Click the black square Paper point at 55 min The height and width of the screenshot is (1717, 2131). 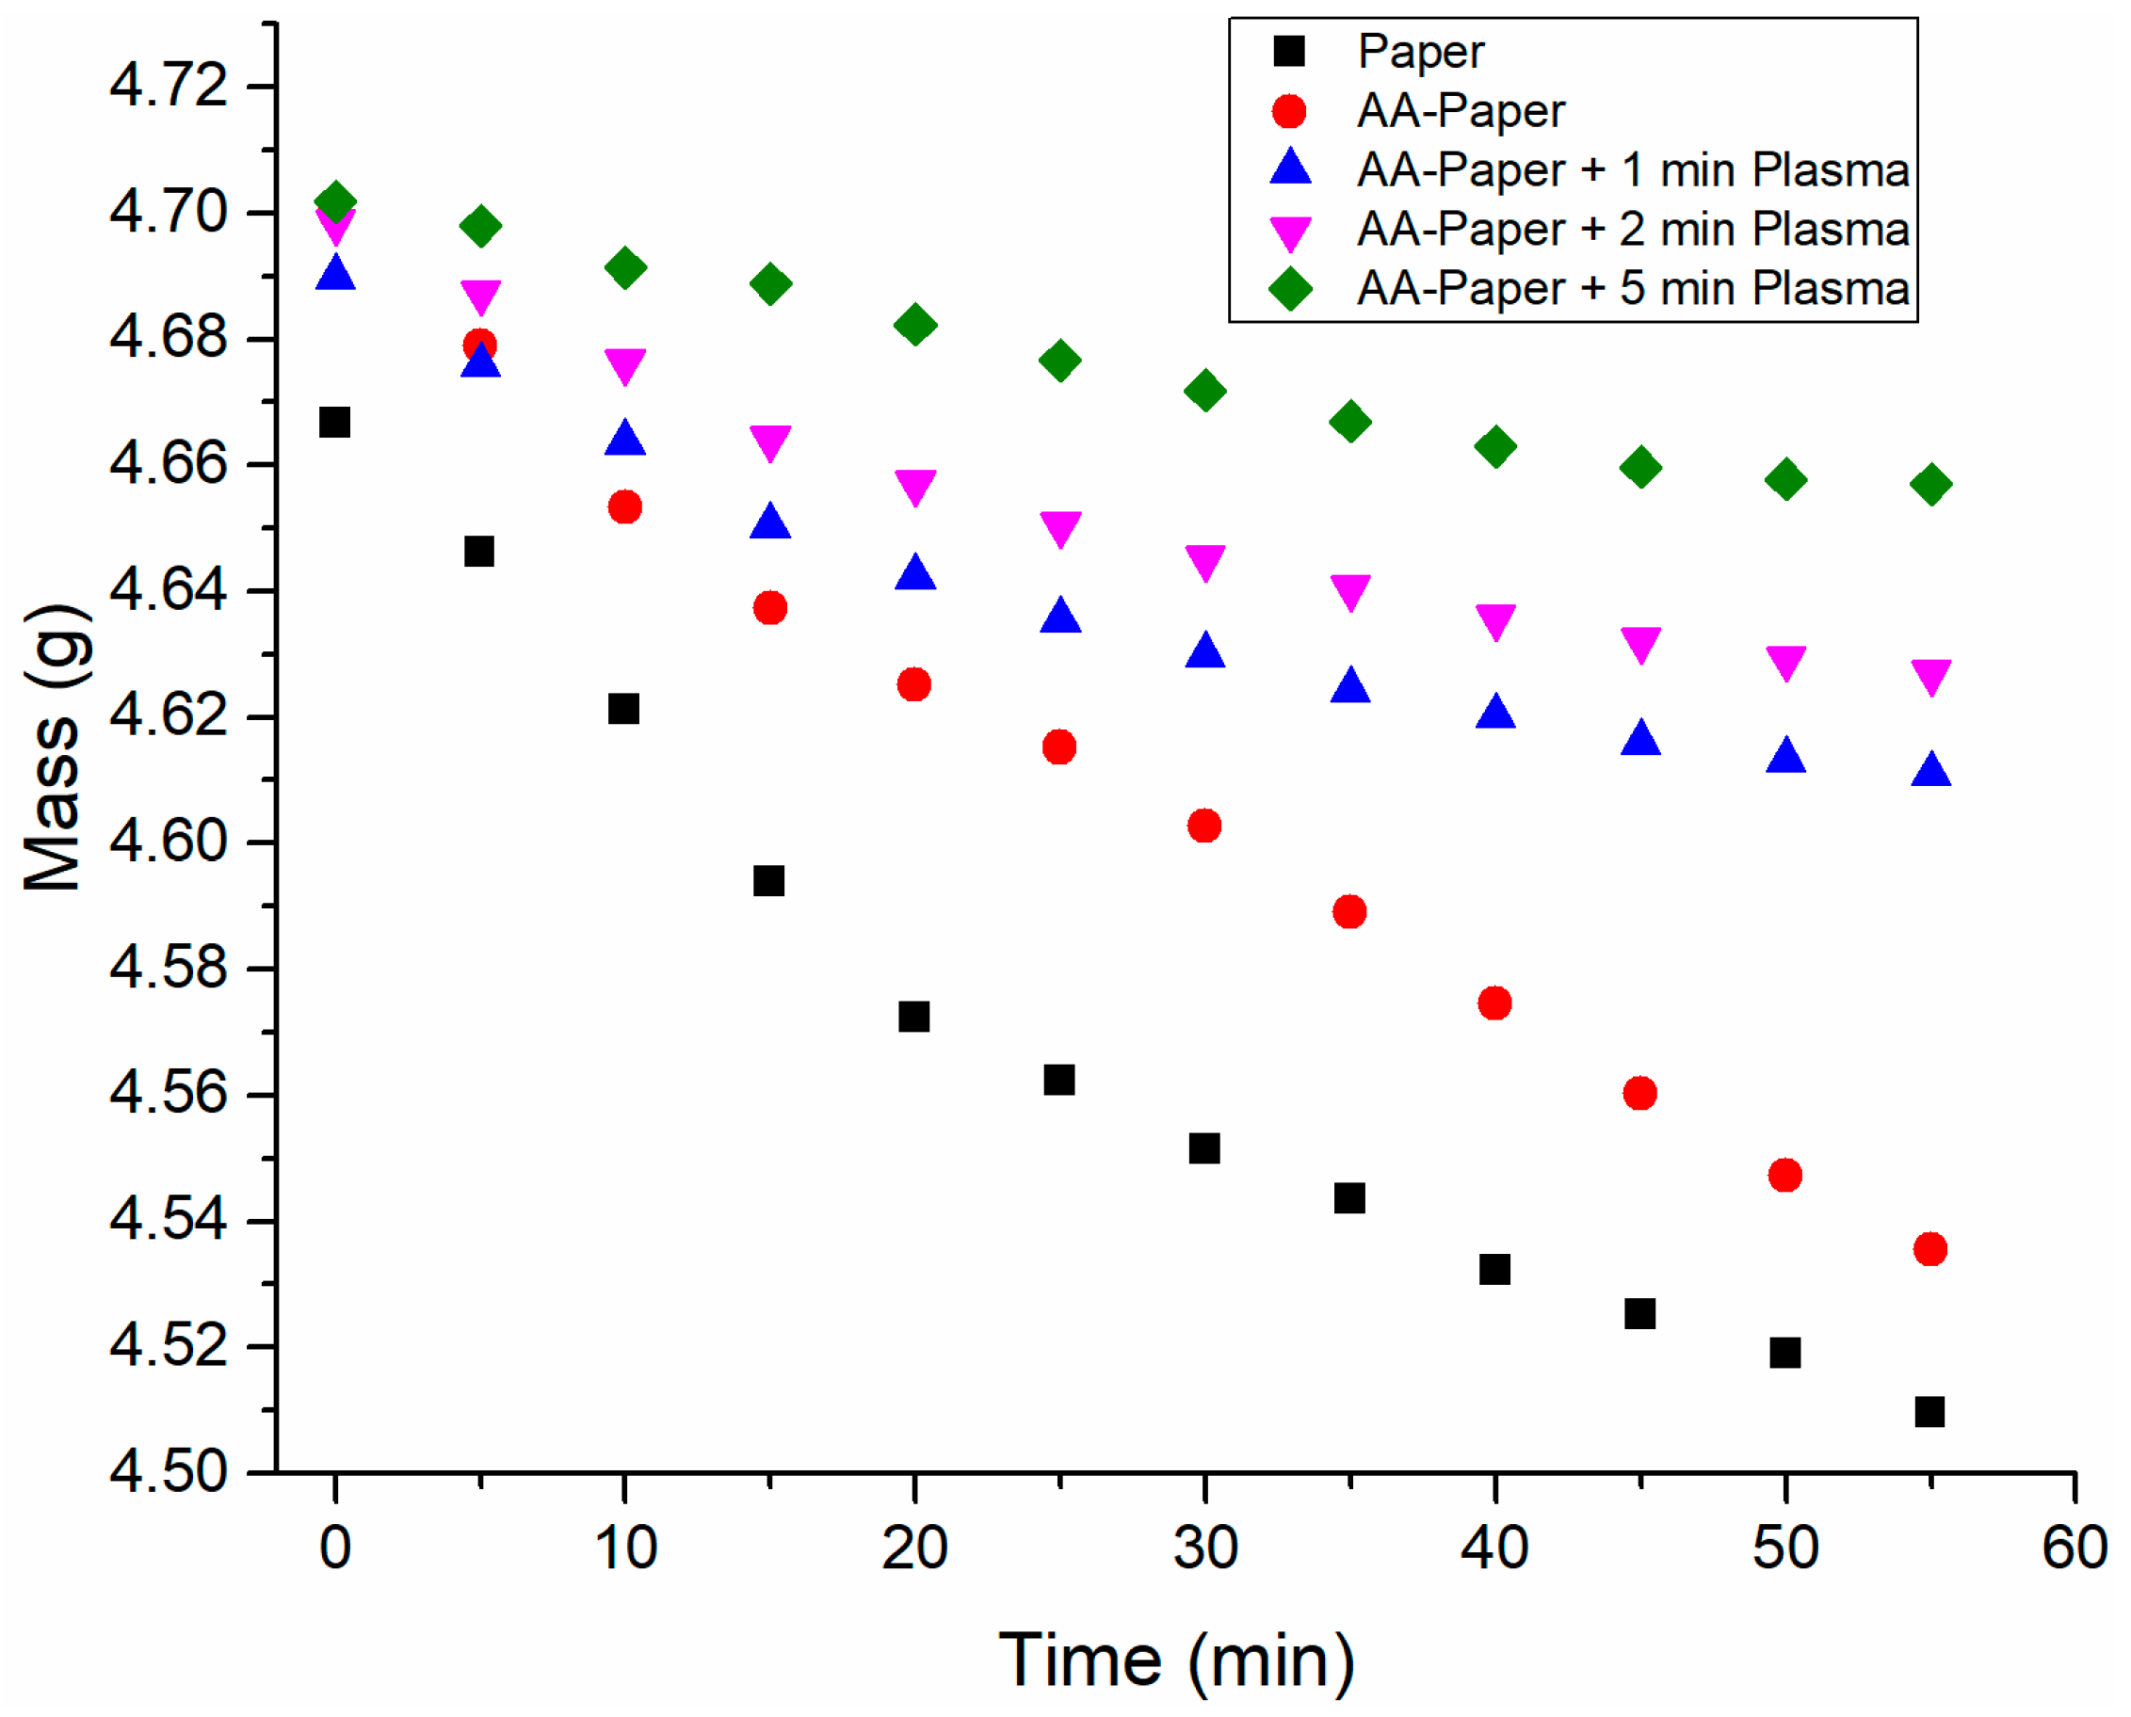pos(1929,1411)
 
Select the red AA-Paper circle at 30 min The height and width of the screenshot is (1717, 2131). pos(1204,825)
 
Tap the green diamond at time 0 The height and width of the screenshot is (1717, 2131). pos(335,201)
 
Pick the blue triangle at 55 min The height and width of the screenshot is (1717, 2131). pos(1931,770)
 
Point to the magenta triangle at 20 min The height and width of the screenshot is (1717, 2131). pos(915,487)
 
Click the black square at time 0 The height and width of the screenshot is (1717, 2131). pos(334,423)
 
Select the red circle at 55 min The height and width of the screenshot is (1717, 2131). pos(1930,1249)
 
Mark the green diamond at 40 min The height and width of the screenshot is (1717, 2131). pos(1494,446)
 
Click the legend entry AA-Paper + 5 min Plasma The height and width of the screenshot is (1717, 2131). pos(1632,289)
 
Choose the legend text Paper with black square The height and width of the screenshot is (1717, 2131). pos(1421,52)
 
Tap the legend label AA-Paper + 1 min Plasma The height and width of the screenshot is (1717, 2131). pos(1632,170)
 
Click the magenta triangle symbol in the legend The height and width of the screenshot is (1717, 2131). pos(1290,233)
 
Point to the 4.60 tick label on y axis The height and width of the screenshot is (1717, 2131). pos(169,842)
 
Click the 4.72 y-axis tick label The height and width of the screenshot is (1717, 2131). pos(169,86)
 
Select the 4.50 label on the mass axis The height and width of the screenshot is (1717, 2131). pos(169,1472)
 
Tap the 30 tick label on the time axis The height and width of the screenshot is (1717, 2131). pos(1205,1549)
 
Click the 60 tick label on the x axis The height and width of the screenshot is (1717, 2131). pos(2074,1549)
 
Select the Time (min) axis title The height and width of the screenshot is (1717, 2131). pos(1176,1661)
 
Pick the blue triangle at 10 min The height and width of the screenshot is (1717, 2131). pos(625,438)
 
